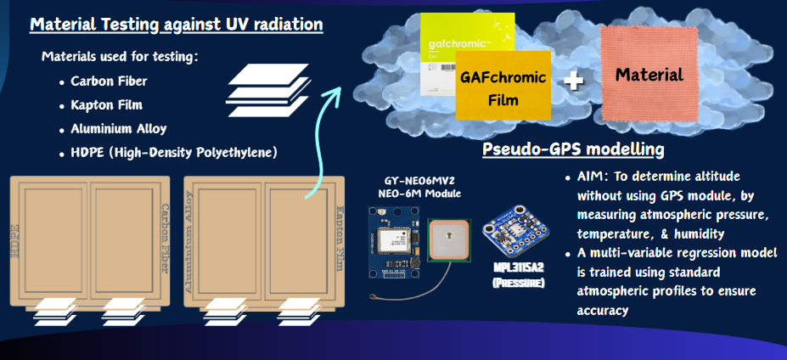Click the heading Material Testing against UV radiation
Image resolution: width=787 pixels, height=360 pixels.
pos(177,25)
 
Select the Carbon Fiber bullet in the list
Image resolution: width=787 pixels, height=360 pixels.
pos(109,82)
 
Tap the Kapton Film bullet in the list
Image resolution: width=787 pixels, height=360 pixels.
pos(106,106)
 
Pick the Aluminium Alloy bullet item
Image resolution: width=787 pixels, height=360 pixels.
pos(118,130)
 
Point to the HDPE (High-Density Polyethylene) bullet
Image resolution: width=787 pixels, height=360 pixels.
pos(174,153)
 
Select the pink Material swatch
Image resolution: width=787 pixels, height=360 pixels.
pos(649,73)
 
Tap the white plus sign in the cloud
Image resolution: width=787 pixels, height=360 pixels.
pos(576,82)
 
